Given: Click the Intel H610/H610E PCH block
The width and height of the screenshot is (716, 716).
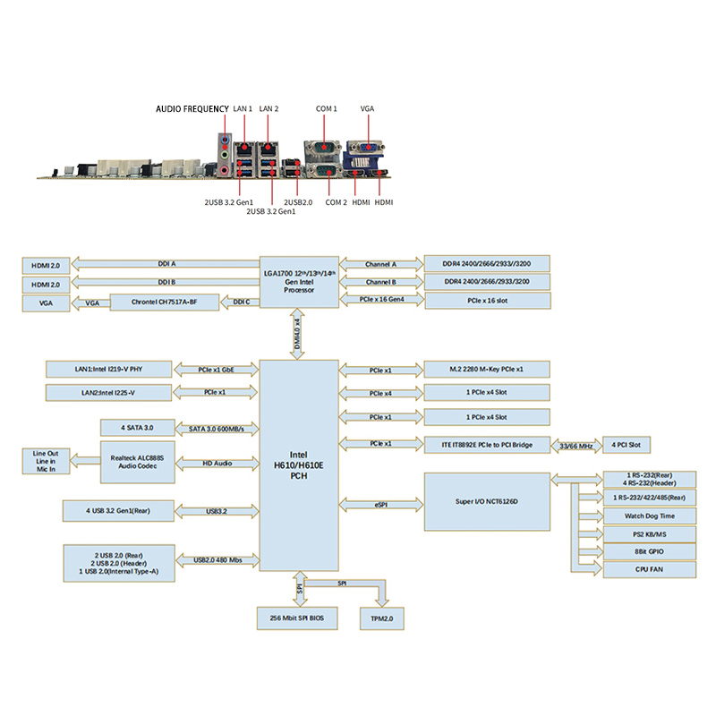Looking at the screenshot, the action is (x=299, y=465).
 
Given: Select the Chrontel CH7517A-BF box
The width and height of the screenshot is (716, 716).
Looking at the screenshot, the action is (x=165, y=303).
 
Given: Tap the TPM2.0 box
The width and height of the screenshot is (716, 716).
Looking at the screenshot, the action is (x=382, y=618).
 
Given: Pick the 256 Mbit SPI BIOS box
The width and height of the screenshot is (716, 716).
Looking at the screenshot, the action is (x=297, y=618).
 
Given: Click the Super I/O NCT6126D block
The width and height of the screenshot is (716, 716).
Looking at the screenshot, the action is (x=487, y=502).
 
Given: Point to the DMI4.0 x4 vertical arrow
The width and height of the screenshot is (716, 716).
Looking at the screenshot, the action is (x=297, y=334).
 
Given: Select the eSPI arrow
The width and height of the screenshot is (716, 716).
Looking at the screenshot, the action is (x=381, y=505).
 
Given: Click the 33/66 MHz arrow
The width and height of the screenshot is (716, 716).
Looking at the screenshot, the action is (x=576, y=446).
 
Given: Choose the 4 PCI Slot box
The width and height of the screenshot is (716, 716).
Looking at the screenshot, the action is (x=626, y=445).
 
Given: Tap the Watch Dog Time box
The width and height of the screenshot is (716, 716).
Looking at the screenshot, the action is (x=650, y=516).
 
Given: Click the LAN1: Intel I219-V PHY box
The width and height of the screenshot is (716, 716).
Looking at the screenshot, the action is (x=108, y=370).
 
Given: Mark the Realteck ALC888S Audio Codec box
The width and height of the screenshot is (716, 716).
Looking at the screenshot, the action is (x=138, y=462).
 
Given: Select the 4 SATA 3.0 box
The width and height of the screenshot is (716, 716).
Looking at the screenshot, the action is (x=138, y=428).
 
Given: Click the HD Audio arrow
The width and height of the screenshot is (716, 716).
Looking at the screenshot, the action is (x=217, y=464).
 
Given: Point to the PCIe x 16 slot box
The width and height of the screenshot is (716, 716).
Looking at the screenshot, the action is (x=488, y=301).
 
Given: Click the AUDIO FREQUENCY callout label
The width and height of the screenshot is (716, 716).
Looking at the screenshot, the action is (x=192, y=108).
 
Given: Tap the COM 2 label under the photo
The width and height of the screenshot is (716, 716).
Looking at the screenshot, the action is (x=337, y=202).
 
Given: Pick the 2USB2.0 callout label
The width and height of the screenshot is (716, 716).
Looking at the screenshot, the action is (x=298, y=202).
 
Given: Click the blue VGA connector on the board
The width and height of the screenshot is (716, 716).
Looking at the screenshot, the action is (x=365, y=147).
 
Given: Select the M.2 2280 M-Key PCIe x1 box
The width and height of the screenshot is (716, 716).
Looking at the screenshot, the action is (x=487, y=370).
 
